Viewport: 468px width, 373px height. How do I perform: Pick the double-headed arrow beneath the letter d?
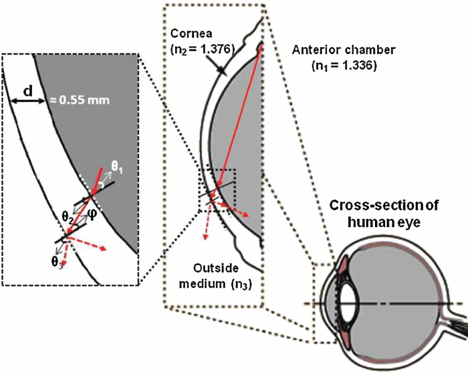27,100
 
